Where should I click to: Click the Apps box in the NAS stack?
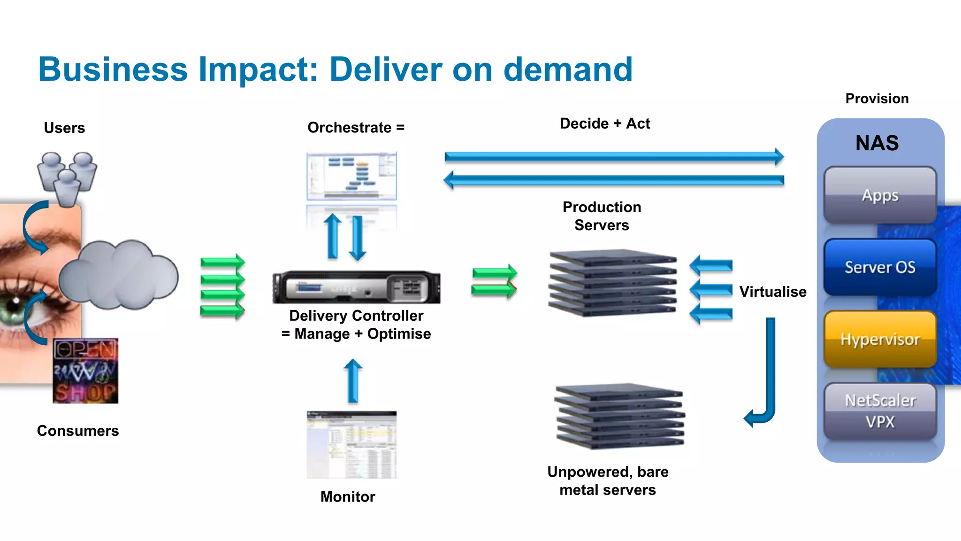pyautogui.click(x=880, y=195)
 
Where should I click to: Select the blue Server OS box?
pyautogui.click(x=880, y=267)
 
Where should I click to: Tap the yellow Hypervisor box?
pyautogui.click(x=880, y=339)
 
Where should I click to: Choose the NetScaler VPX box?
pyautogui.click(x=880, y=411)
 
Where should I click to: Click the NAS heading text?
pyautogui.click(x=877, y=143)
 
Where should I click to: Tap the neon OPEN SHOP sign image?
pyautogui.click(x=85, y=371)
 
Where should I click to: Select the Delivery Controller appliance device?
pyautogui.click(x=357, y=287)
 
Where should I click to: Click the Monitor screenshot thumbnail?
pyautogui.click(x=351, y=444)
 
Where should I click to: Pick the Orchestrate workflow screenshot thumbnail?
pyautogui.click(x=351, y=176)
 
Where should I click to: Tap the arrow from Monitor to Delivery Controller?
pyautogui.click(x=353, y=381)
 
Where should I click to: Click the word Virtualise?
pyautogui.click(x=772, y=292)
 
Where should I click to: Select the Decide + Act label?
pyautogui.click(x=604, y=124)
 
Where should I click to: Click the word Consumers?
pyautogui.click(x=78, y=431)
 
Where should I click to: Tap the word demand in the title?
pyautogui.click(x=568, y=70)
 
